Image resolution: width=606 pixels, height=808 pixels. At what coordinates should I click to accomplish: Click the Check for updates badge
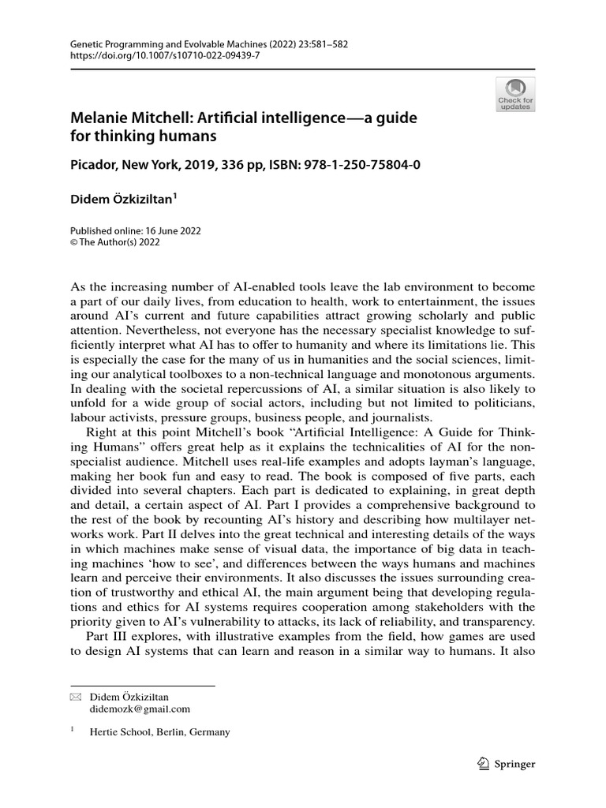pyautogui.click(x=515, y=95)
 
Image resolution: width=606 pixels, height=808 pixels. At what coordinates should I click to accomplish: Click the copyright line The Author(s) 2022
pyautogui.click(x=118, y=242)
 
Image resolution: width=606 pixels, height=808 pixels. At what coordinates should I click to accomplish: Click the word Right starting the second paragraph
pyautogui.click(x=100, y=434)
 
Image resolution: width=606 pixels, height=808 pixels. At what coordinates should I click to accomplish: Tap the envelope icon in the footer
pyautogui.click(x=75, y=698)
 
